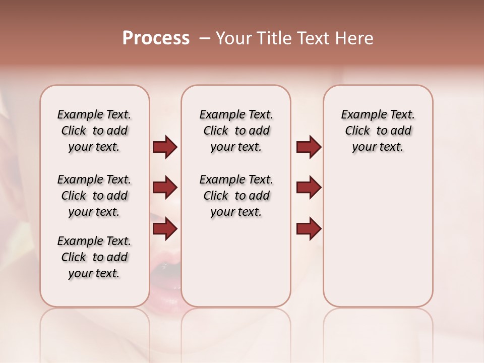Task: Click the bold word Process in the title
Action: coord(156,38)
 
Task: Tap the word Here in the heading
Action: coord(354,38)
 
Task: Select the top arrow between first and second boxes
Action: coord(165,147)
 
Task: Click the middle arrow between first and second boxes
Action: coord(165,188)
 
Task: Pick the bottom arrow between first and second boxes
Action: coord(165,229)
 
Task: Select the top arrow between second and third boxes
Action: coord(309,147)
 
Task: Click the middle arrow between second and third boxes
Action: coord(309,188)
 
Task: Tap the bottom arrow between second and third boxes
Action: coord(309,229)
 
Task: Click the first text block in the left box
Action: coord(94,131)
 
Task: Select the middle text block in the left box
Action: coord(94,196)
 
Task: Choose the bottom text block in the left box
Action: coord(94,257)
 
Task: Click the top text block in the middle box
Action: coord(236,131)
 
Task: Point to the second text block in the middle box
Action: coord(236,196)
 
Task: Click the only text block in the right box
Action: coord(378,131)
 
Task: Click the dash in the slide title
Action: coord(205,39)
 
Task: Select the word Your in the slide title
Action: coord(234,38)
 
